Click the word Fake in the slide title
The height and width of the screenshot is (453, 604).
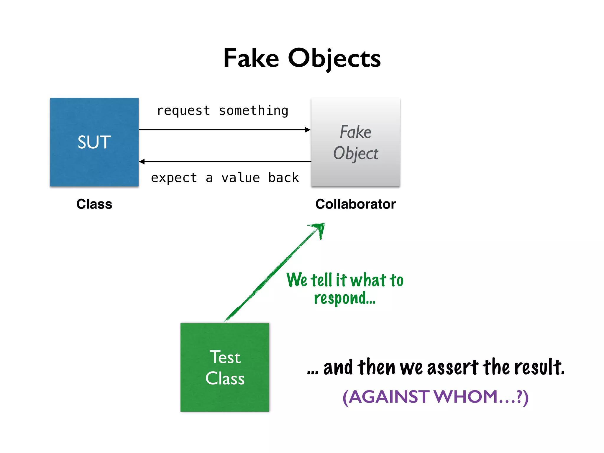[251, 58]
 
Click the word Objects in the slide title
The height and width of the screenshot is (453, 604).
[334, 59]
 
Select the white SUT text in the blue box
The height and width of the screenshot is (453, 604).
[94, 142]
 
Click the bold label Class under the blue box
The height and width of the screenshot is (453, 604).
[94, 204]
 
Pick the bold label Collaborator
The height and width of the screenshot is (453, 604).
[355, 204]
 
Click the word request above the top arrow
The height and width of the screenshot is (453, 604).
[183, 111]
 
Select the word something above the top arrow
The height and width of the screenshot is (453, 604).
[253, 111]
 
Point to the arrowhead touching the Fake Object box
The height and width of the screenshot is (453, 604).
[308, 130]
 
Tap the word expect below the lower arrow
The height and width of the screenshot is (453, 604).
[174, 178]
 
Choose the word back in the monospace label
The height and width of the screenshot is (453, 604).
[283, 178]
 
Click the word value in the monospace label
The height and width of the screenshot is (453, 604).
[240, 178]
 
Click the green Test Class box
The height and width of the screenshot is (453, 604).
[225, 367]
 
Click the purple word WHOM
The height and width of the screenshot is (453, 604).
[466, 397]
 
